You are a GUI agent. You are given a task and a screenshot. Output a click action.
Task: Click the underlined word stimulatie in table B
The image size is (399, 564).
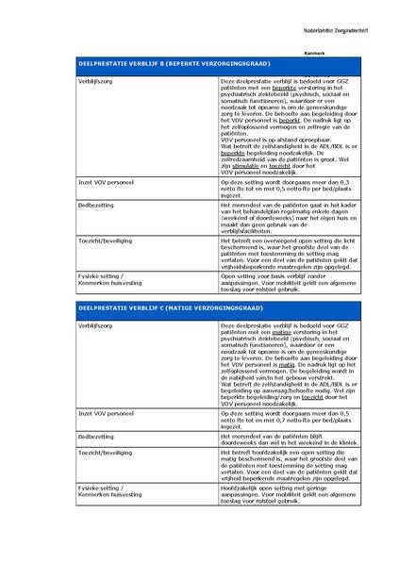245,162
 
